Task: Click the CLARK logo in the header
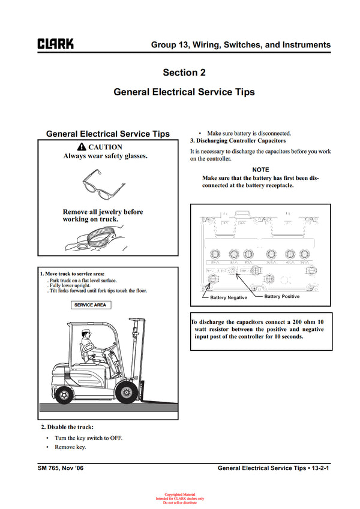[56, 44]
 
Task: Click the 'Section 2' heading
[184, 73]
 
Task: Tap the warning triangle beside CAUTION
[82, 147]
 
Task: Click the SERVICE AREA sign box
[90, 305]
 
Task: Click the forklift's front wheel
[127, 393]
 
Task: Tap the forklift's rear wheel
[65, 394]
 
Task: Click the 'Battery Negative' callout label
[229, 297]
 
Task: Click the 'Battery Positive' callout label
[281, 297]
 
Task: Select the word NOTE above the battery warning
[260, 170]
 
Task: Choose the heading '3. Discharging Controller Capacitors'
[238, 140]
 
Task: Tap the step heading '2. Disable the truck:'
[67, 427]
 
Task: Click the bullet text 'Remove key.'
[70, 447]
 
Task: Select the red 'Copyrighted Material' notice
[180, 495]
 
